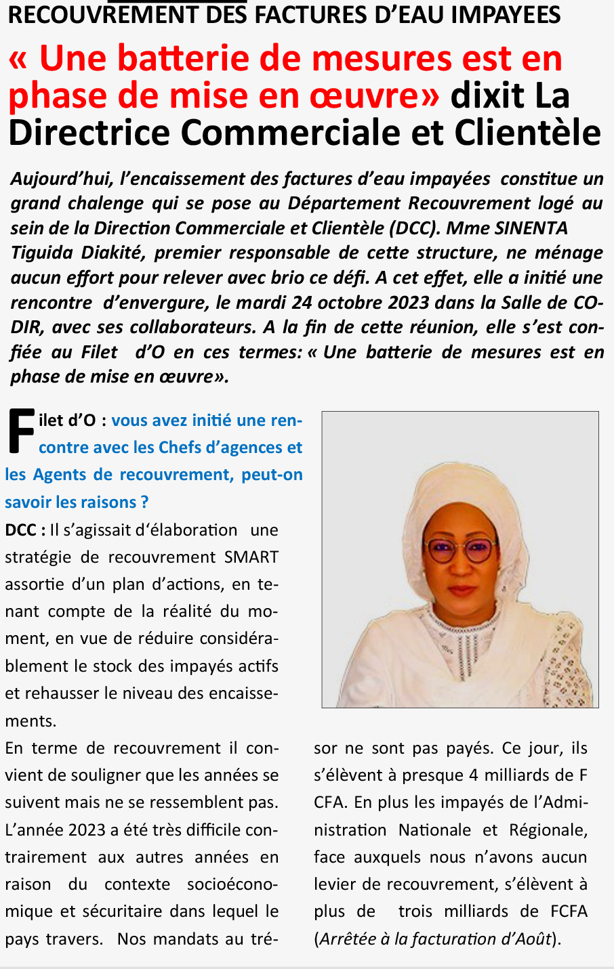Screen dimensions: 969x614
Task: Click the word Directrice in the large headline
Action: [x=89, y=133]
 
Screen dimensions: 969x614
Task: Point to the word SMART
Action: [x=251, y=557]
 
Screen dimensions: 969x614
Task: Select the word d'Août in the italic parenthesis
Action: [x=529, y=939]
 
